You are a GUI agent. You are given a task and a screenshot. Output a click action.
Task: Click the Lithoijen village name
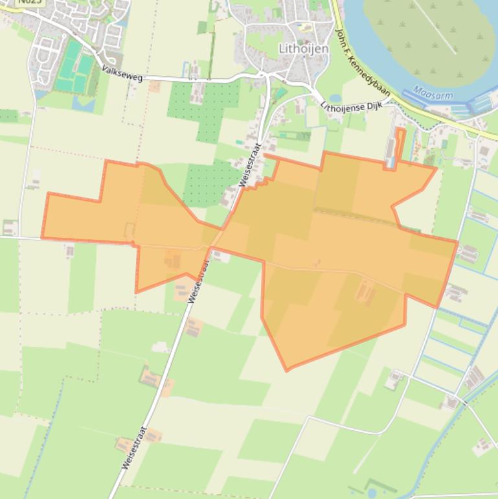303,49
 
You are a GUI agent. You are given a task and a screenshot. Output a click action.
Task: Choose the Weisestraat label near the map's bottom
134,447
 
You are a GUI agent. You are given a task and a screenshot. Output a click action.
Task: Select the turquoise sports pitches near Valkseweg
75,68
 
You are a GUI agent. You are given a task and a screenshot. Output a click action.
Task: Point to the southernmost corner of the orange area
288,370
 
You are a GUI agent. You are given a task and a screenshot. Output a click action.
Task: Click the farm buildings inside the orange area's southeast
365,293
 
